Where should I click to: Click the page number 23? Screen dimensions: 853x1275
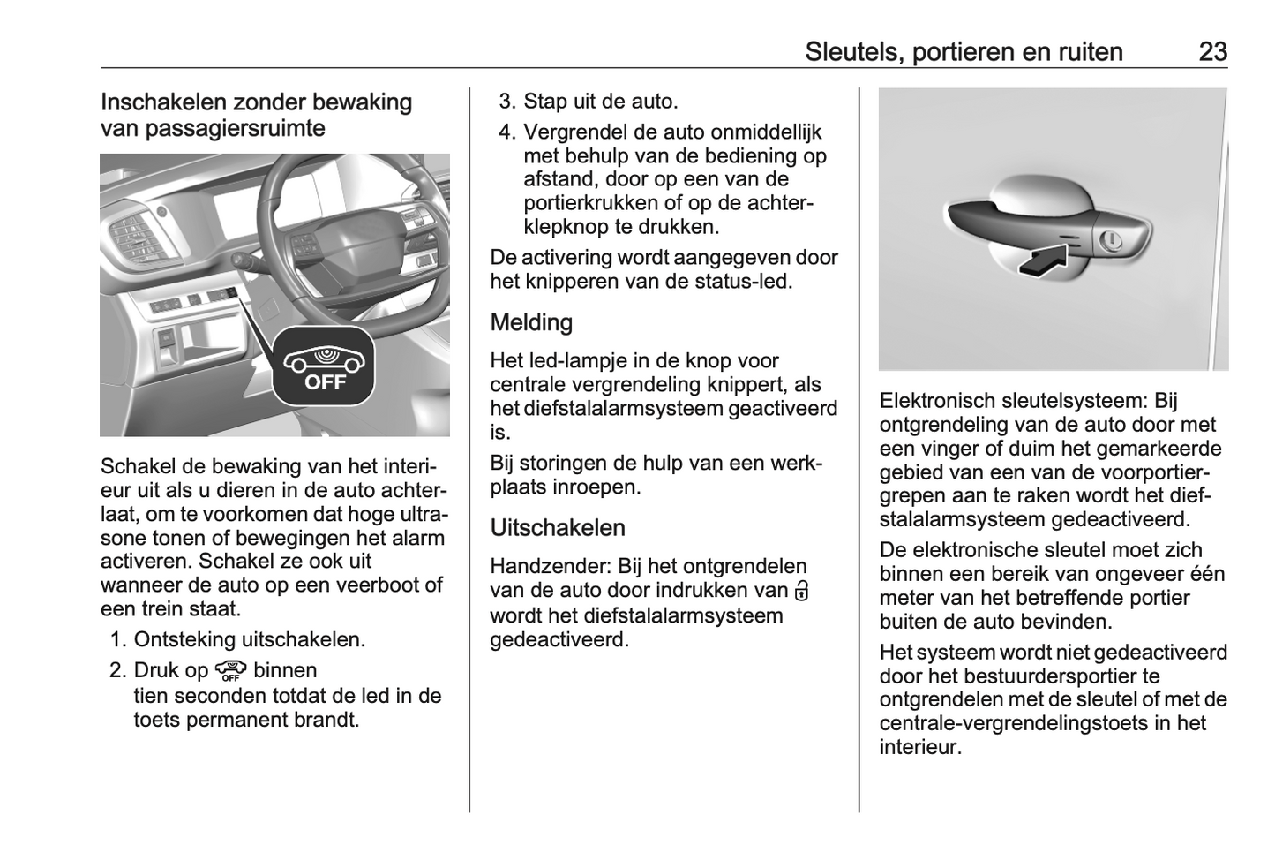point(1212,52)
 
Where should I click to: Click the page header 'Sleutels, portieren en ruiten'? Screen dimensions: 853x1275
point(964,52)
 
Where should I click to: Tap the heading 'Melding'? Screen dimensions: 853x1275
point(531,322)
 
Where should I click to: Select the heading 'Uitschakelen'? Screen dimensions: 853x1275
point(558,528)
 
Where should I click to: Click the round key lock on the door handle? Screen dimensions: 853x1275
point(1111,238)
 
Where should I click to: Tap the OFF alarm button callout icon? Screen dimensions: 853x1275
point(323,366)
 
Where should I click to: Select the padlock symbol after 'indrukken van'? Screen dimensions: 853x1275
point(801,591)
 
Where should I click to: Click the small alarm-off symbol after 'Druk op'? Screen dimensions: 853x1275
point(230,671)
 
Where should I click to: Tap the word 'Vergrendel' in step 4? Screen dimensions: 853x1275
point(576,132)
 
